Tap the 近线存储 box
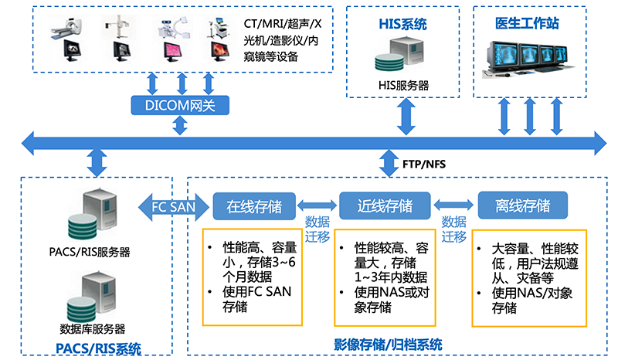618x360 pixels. click(384, 207)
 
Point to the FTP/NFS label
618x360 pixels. click(424, 164)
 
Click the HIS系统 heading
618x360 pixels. click(402, 24)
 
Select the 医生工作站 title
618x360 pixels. click(526, 22)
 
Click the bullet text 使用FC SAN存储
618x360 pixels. click(243, 299)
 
